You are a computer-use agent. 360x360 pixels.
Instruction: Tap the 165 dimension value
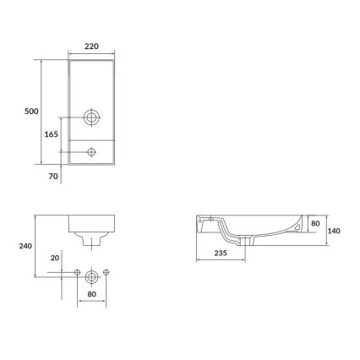50,134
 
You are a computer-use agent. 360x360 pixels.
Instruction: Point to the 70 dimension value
52,176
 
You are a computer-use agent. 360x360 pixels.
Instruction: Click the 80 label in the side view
315,224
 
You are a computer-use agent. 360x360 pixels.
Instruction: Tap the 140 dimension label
335,230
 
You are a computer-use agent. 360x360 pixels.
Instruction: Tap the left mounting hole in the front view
77,273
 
